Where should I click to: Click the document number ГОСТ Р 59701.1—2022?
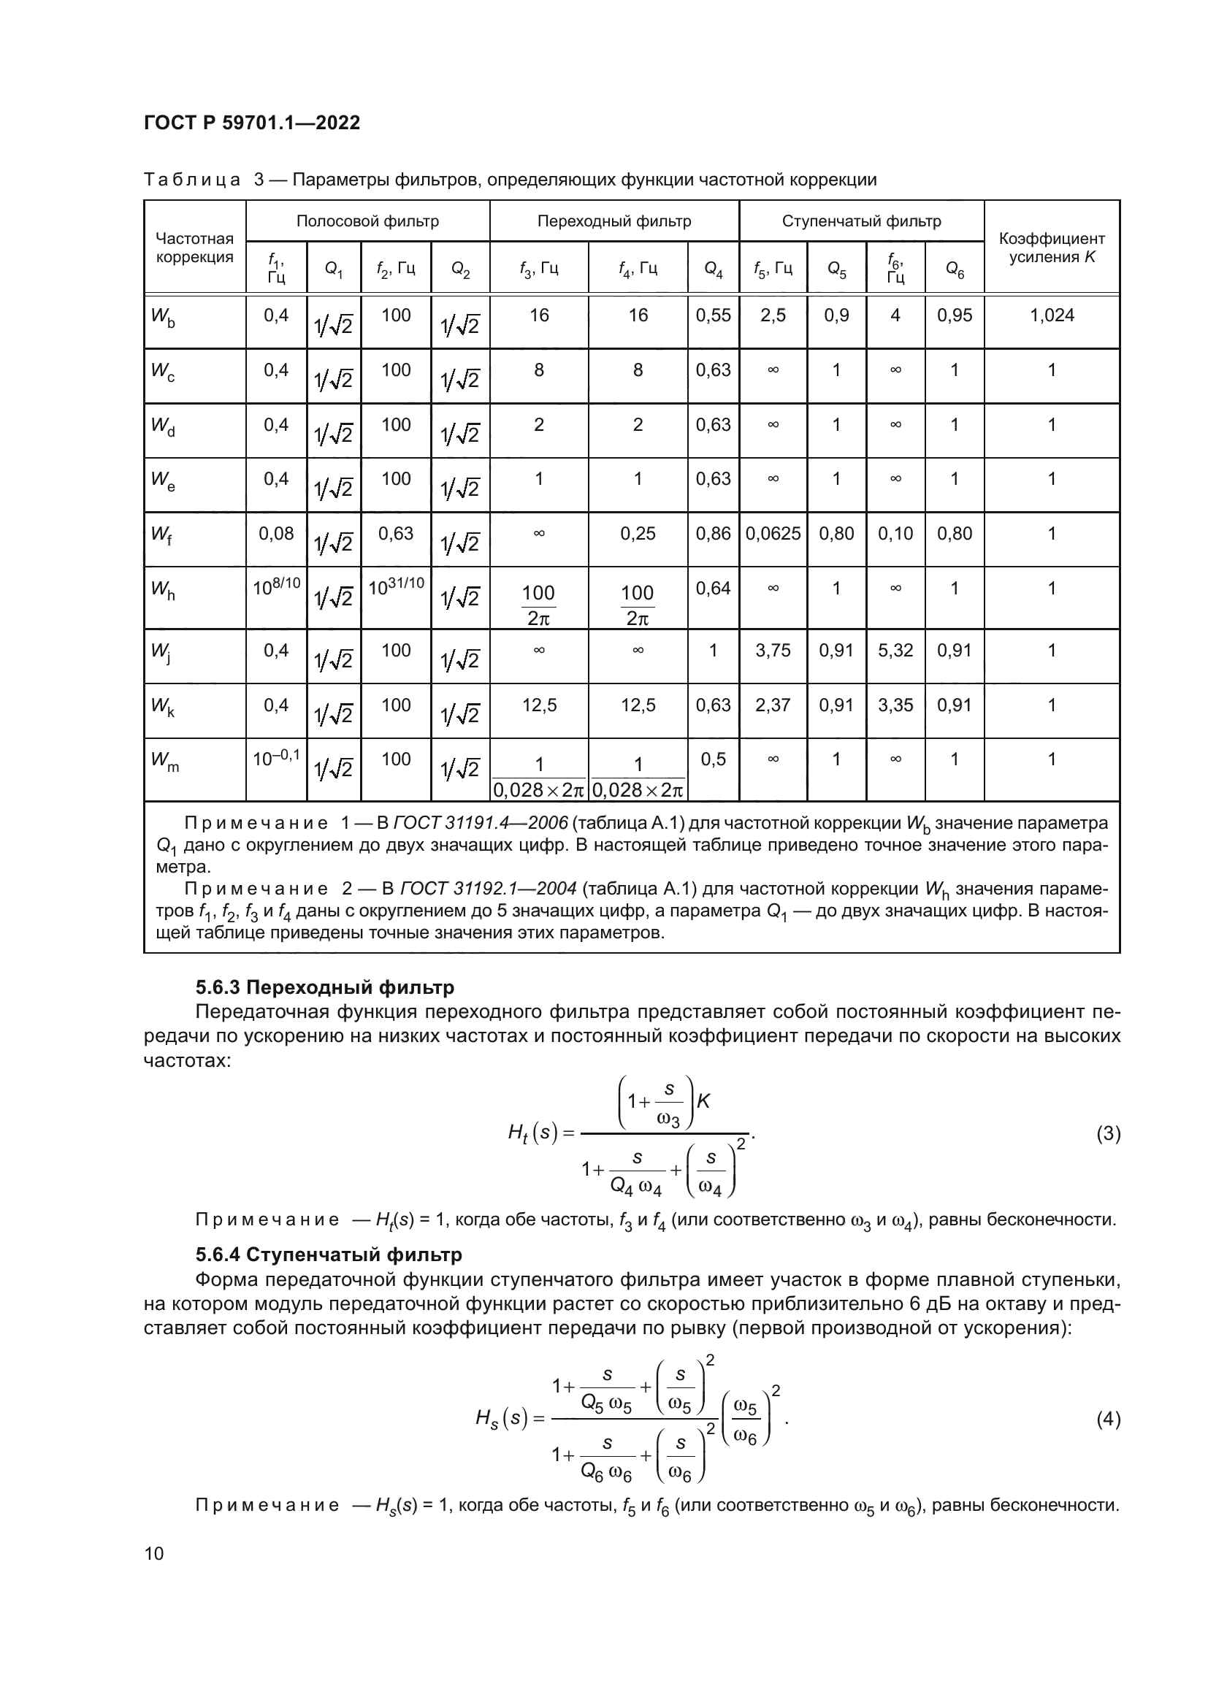pos(251,123)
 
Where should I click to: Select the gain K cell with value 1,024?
pos(1051,315)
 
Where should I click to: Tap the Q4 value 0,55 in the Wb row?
pos(713,315)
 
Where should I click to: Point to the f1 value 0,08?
pos(276,533)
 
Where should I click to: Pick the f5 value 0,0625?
pos(773,533)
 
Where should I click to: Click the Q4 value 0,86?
pos(713,533)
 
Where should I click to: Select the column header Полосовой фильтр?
pos(367,221)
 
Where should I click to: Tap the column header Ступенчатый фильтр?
pos(860,221)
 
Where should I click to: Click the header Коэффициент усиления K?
pos(1051,248)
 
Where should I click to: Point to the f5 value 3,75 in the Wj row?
pos(773,650)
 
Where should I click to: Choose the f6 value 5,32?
pos(895,650)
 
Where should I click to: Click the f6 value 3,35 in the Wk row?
pos(895,705)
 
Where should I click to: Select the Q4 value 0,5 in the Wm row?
pos(713,759)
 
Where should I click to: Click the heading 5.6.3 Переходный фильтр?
pos(324,987)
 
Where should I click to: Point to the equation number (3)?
pos(1108,1134)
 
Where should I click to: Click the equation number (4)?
pos(1108,1420)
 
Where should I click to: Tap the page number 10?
pos(154,1553)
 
